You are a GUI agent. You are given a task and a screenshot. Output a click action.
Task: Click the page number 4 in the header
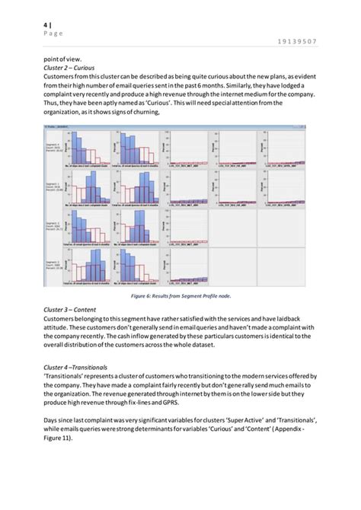click(x=45, y=25)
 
